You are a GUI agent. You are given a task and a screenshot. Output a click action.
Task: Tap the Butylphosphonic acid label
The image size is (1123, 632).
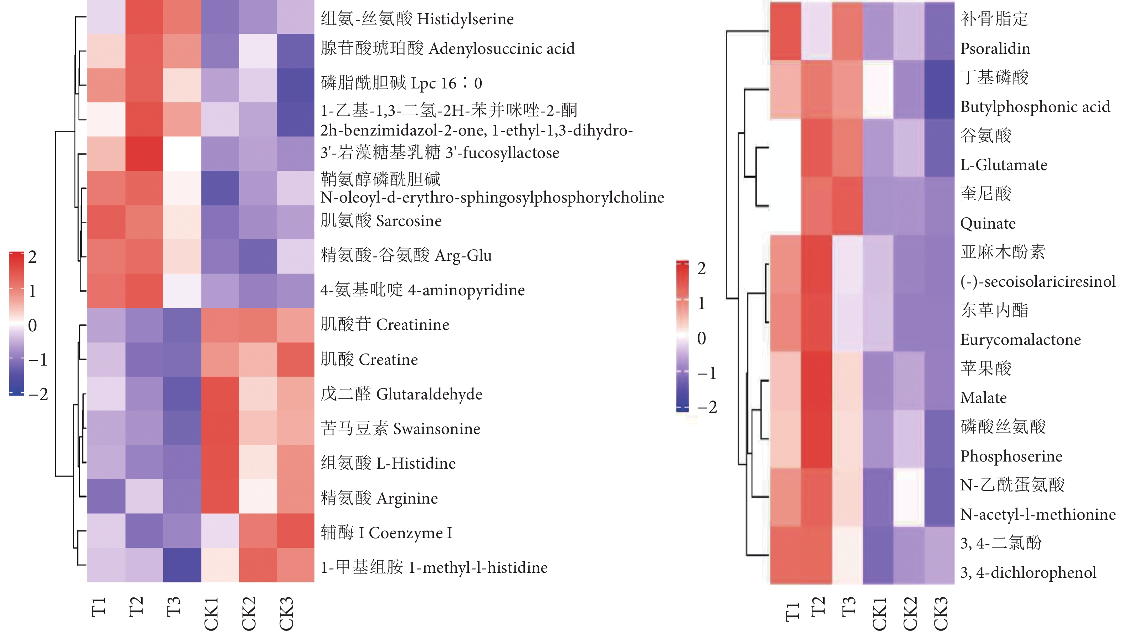pyautogui.click(x=1035, y=107)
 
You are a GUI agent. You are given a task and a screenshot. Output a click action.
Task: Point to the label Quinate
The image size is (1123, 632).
pyautogui.click(x=988, y=223)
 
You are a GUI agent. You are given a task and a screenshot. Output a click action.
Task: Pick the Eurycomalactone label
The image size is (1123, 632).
pyautogui.click(x=1020, y=340)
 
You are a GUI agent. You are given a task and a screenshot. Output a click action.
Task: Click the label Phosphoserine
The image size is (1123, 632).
pyautogui.click(x=1011, y=456)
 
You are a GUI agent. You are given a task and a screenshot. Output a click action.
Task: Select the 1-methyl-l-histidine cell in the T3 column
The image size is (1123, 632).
pyautogui.click(x=182, y=565)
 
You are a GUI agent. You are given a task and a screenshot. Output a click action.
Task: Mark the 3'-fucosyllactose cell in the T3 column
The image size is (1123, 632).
pyautogui.click(x=182, y=153)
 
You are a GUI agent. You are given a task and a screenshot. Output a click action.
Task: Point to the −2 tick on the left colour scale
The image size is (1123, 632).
pyautogui.click(x=38, y=394)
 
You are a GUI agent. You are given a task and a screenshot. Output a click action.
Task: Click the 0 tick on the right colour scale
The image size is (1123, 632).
pyautogui.click(x=701, y=338)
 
